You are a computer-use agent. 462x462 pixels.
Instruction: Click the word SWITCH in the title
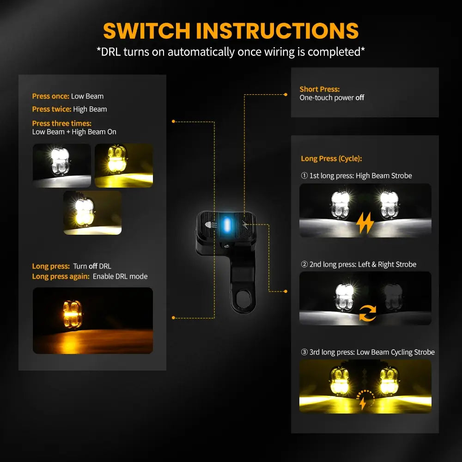[147, 31]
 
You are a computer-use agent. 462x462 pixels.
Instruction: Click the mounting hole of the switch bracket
[243, 298]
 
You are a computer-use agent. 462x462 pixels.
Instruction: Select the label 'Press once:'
[51, 97]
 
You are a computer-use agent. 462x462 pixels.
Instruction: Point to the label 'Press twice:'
[52, 109]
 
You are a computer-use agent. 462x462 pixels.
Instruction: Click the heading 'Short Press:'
[319, 89]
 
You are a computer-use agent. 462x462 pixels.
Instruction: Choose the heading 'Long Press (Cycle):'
[331, 158]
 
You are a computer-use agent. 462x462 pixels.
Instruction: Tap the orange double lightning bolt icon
[365, 223]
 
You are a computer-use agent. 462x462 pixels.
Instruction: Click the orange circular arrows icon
[367, 313]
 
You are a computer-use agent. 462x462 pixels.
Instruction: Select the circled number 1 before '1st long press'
[304, 176]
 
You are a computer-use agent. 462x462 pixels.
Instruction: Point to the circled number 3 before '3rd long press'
[304, 352]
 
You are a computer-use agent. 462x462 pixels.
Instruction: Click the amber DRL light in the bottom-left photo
[72, 314]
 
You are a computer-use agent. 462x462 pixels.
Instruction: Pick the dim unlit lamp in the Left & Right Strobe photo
[393, 297]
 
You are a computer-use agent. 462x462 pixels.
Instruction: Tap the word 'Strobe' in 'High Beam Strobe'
[401, 176]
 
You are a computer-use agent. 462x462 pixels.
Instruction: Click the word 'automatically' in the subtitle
[201, 52]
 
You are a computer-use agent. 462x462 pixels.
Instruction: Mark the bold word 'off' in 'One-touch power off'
[360, 97]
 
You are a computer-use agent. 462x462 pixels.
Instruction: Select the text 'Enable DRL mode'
[120, 276]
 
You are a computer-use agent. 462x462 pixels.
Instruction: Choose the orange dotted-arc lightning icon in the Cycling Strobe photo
[365, 400]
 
